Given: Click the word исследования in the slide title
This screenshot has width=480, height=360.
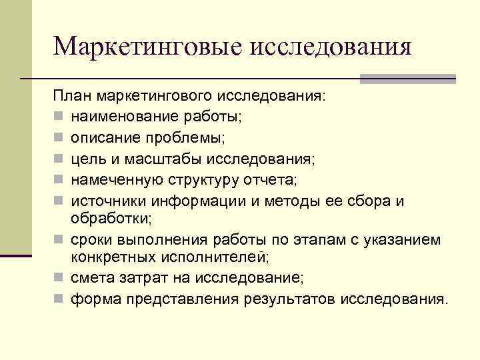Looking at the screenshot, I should [x=329, y=47].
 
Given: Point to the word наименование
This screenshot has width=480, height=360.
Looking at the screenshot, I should [x=125, y=117].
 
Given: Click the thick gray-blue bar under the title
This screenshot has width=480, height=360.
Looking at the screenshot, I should [x=407, y=78].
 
